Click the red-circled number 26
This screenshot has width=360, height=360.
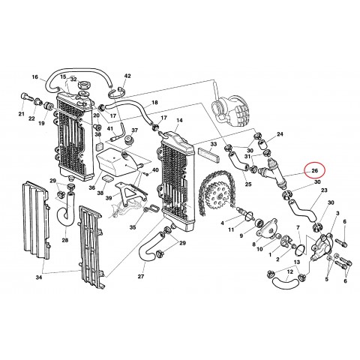point(316,171)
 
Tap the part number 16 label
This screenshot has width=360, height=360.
point(34,77)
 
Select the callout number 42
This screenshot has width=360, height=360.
point(127,76)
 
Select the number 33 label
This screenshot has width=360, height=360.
point(213,144)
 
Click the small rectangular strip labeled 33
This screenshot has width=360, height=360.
point(211,157)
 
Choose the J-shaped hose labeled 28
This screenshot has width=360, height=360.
point(66,214)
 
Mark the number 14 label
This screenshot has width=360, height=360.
point(179,119)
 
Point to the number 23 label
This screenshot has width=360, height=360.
point(325,192)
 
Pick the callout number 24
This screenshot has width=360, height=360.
point(280,135)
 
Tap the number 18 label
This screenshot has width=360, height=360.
point(154,102)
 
